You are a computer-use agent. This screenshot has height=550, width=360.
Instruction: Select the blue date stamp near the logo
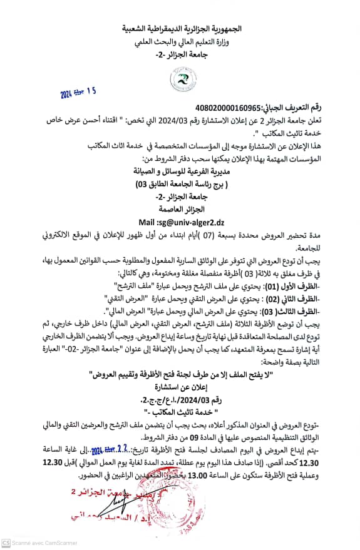(x=79, y=93)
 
